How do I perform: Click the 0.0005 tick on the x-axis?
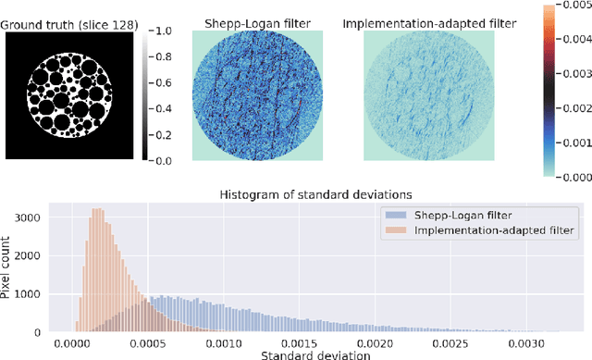(x=147, y=341)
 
